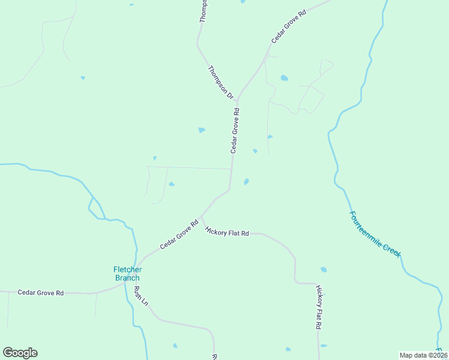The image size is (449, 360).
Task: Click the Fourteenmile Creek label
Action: [375, 234]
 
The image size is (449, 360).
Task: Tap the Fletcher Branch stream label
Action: [127, 274]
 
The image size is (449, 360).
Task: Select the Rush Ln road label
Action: [140, 295]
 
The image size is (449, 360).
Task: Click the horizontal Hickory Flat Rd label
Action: [226, 231]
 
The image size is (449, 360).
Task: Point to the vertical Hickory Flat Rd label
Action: [319, 307]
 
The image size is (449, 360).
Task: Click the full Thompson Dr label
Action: [220, 82]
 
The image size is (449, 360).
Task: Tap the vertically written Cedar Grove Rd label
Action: [235, 130]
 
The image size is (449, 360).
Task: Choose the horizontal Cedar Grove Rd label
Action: [41, 293]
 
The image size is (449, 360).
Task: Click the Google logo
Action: [20, 353]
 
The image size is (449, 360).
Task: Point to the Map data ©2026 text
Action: [424, 355]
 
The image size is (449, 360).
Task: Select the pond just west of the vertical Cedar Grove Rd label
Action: [202, 130]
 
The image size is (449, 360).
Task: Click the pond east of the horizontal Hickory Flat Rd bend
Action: [324, 269]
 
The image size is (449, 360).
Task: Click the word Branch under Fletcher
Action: [127, 278]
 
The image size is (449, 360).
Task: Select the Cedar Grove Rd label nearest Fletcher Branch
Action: [179, 235]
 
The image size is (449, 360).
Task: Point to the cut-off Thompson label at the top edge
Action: [203, 11]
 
